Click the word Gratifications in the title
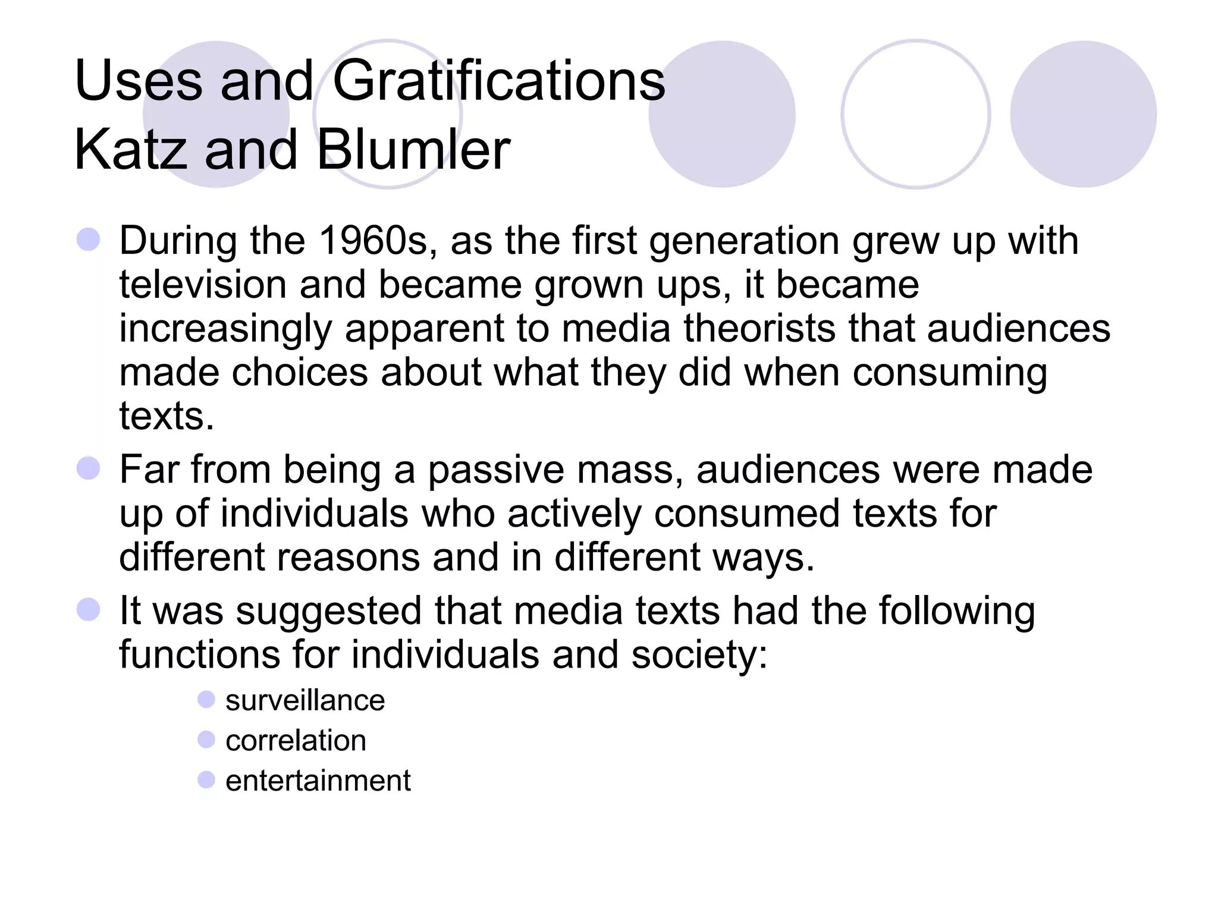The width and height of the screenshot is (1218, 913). point(498,81)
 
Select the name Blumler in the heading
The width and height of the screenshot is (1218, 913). point(413,150)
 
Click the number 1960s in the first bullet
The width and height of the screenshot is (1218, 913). point(373,241)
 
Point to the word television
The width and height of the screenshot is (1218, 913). point(203,285)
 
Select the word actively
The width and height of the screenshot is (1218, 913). point(574,514)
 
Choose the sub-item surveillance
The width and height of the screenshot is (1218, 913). point(305,701)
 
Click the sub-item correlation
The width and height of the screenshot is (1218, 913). point(296,741)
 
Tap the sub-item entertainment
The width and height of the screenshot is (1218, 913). point(318,780)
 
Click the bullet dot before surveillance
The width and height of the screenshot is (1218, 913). point(206,700)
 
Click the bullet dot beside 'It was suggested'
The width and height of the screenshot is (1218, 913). point(89,609)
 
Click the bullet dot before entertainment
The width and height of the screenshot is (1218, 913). point(206,779)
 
